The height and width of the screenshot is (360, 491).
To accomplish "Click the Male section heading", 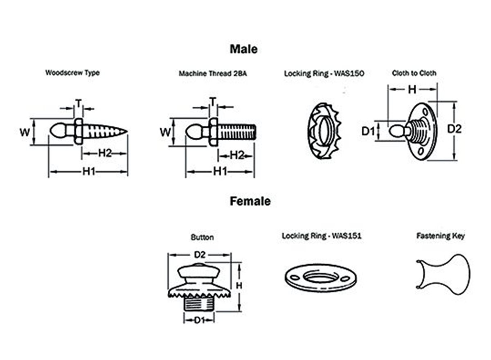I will click(x=243, y=49).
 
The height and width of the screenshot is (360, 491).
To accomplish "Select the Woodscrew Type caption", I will click(x=72, y=73).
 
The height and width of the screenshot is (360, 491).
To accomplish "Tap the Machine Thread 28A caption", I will click(x=213, y=74).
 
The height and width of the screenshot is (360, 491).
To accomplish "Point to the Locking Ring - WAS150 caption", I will click(x=324, y=74).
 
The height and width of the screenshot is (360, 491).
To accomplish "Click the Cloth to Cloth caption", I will click(x=414, y=73).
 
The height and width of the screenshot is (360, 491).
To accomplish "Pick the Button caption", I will click(x=202, y=237).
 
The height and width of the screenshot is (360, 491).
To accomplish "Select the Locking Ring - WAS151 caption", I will click(x=322, y=236).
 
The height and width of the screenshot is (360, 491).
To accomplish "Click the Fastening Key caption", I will click(x=441, y=236).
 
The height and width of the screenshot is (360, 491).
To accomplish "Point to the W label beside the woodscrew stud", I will click(x=25, y=132).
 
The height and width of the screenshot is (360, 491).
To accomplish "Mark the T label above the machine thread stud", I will click(x=213, y=101).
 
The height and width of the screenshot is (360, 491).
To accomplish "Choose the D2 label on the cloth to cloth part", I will click(x=454, y=129).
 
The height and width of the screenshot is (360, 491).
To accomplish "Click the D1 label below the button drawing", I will click(x=199, y=320).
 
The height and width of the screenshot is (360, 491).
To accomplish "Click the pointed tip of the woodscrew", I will click(x=126, y=132).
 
